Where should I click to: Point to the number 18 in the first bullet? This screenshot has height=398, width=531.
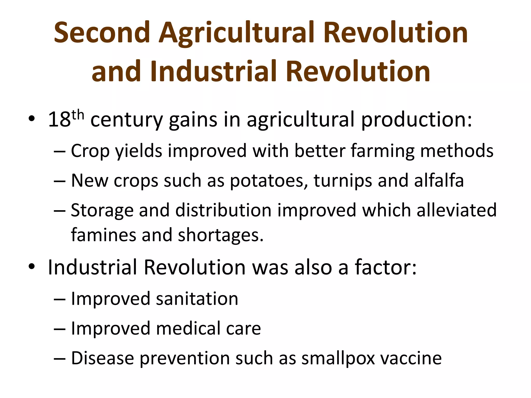tap(59, 119)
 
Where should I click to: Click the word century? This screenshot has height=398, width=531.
tap(127, 120)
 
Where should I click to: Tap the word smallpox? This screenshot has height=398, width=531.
tap(338, 359)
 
